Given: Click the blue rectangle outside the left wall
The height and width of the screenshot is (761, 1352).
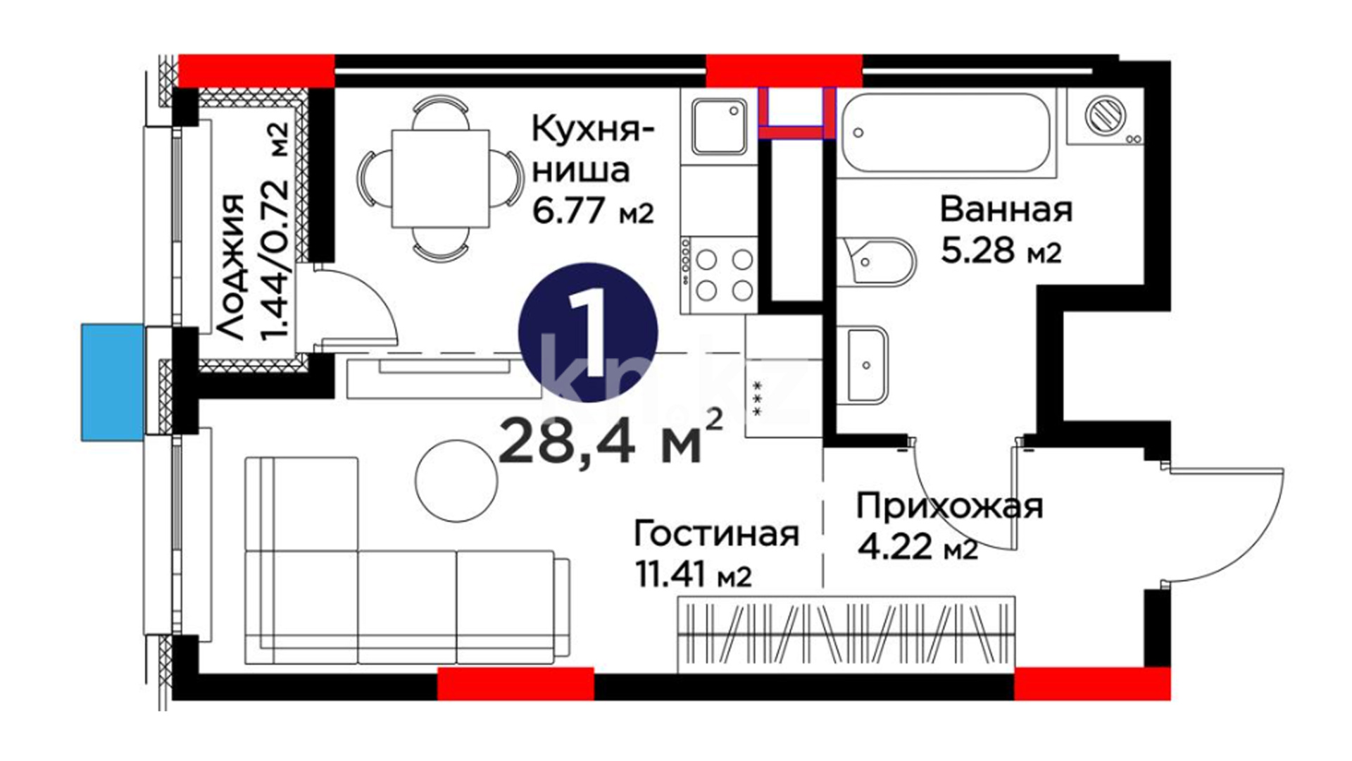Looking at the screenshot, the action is point(113,382).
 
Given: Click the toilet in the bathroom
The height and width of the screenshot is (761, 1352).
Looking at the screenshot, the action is point(877,261).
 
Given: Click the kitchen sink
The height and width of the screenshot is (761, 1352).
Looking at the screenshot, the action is point(718,126).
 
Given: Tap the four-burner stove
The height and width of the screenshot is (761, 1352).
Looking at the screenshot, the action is point(719,275).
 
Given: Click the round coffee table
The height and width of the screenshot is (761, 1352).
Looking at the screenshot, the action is point(456,481).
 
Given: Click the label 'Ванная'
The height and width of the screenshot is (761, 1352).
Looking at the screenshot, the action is point(1006,209).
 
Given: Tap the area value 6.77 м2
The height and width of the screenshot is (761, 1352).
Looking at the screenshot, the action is point(593,211).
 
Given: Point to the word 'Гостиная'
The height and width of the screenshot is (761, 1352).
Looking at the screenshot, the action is point(716,534).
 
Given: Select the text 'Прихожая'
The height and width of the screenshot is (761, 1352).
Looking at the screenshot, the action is point(949,507).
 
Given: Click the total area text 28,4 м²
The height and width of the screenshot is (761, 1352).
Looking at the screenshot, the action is point(611,440).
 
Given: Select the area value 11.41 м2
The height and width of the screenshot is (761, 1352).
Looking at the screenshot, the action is point(694,575).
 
